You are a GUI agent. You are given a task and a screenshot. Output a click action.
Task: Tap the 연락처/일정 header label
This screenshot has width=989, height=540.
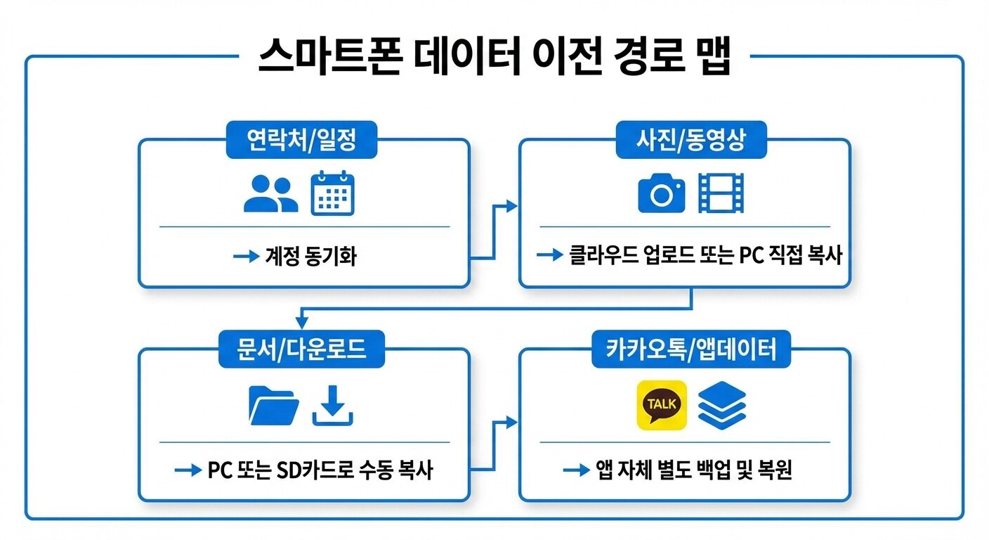302,141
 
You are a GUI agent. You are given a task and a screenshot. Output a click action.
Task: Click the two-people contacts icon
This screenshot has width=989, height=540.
270,193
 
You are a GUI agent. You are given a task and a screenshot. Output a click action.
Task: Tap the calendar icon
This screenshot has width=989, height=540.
332,193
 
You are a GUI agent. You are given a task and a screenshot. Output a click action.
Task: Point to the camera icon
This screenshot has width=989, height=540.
661,193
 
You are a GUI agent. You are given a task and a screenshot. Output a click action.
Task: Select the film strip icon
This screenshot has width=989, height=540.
721,193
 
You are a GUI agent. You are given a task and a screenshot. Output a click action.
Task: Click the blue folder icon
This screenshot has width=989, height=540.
274,406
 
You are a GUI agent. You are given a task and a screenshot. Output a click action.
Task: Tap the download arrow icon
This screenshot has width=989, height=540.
332,406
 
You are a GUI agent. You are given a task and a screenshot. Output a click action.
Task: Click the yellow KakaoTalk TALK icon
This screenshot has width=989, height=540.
661,405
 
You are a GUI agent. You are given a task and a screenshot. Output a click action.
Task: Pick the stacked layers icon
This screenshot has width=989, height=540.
721,405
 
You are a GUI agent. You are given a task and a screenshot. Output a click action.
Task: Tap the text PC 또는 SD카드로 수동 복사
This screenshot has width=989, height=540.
320,470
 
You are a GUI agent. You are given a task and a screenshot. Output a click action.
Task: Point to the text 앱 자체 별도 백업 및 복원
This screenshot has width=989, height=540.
694,470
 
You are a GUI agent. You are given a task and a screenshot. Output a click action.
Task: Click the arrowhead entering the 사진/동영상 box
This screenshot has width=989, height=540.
511,206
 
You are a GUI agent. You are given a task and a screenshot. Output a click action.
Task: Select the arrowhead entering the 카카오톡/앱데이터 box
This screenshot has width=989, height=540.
511,422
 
